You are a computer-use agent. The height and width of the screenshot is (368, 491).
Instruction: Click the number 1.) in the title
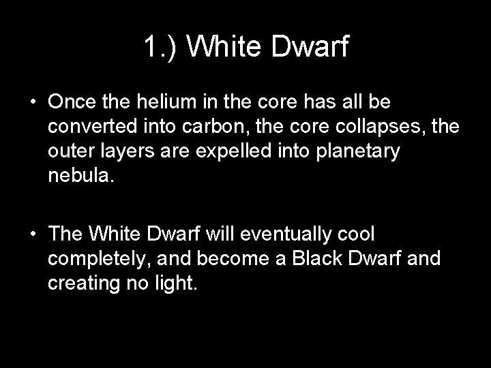(160, 47)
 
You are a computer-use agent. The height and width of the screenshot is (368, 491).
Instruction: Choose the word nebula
(78, 177)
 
